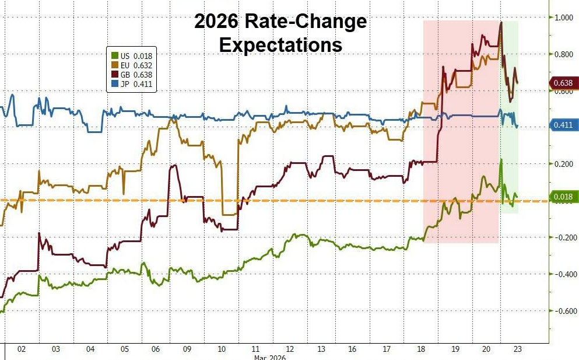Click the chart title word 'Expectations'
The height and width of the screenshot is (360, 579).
tap(280, 45)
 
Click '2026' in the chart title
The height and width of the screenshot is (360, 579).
tap(216, 23)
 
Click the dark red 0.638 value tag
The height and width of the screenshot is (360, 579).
tap(564, 83)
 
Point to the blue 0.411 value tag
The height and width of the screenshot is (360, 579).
tap(564, 125)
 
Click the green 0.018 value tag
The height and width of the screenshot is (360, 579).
tap(564, 197)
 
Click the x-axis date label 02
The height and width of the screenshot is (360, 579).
tap(22, 349)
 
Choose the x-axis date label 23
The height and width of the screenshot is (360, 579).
tap(517, 349)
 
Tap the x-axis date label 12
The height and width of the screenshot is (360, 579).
tap(289, 349)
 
